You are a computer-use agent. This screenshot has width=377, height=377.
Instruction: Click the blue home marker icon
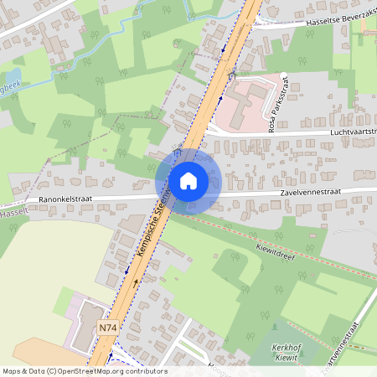(x=188, y=180)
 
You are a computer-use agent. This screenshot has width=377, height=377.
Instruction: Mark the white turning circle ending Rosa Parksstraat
(x=285, y=78)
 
